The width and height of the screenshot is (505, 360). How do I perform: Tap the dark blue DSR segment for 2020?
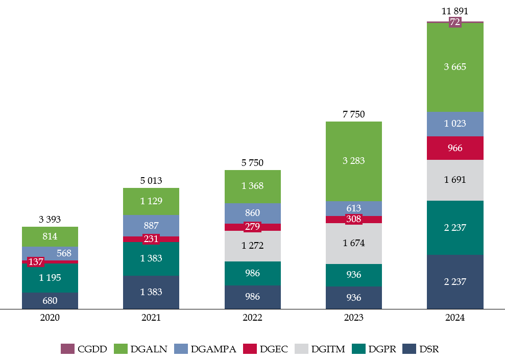[x=50, y=301]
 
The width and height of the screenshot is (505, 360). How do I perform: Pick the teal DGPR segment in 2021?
[x=151, y=259]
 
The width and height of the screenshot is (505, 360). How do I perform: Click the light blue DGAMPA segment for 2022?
[x=253, y=213]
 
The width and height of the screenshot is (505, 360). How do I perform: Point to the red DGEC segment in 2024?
[x=455, y=148]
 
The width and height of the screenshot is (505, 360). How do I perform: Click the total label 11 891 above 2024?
[x=455, y=11]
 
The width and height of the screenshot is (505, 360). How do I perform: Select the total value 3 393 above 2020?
[x=50, y=220]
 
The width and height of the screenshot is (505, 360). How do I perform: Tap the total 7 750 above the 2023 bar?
[x=354, y=114]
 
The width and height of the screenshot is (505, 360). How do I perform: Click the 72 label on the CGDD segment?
[x=455, y=22]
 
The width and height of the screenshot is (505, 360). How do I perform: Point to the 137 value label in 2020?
[x=36, y=262]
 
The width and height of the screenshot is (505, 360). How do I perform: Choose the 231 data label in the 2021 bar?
[x=151, y=238]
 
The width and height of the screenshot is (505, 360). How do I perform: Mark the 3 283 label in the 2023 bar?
[x=354, y=161]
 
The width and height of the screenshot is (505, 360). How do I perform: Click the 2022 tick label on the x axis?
[x=253, y=317]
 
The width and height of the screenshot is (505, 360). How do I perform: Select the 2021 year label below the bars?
[x=151, y=317]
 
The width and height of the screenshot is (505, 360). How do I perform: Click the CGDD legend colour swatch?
[x=67, y=349]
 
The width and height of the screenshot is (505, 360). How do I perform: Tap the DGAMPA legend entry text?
[x=213, y=349]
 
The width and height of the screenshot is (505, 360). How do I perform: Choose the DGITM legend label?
[x=328, y=349]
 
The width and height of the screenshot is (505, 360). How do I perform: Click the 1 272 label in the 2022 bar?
[x=253, y=246]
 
